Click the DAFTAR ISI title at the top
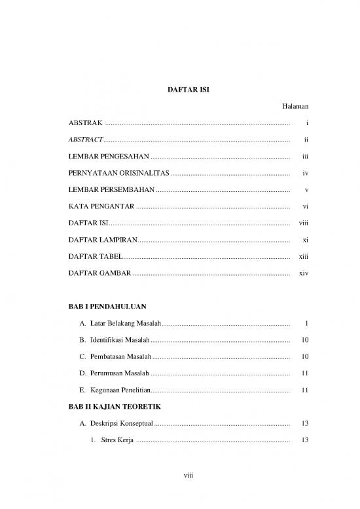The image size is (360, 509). click(x=179, y=87)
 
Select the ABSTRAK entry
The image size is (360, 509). click(x=86, y=123)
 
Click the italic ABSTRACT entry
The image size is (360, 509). click(x=85, y=140)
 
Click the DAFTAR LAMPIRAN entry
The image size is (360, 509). click(x=103, y=240)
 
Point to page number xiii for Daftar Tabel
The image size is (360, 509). click(x=303, y=256)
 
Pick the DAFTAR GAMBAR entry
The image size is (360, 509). click(x=99, y=273)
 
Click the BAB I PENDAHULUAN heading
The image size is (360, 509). click(x=107, y=306)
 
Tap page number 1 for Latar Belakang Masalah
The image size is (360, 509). click(x=306, y=323)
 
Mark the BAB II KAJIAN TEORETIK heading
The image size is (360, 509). click(x=115, y=407)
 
